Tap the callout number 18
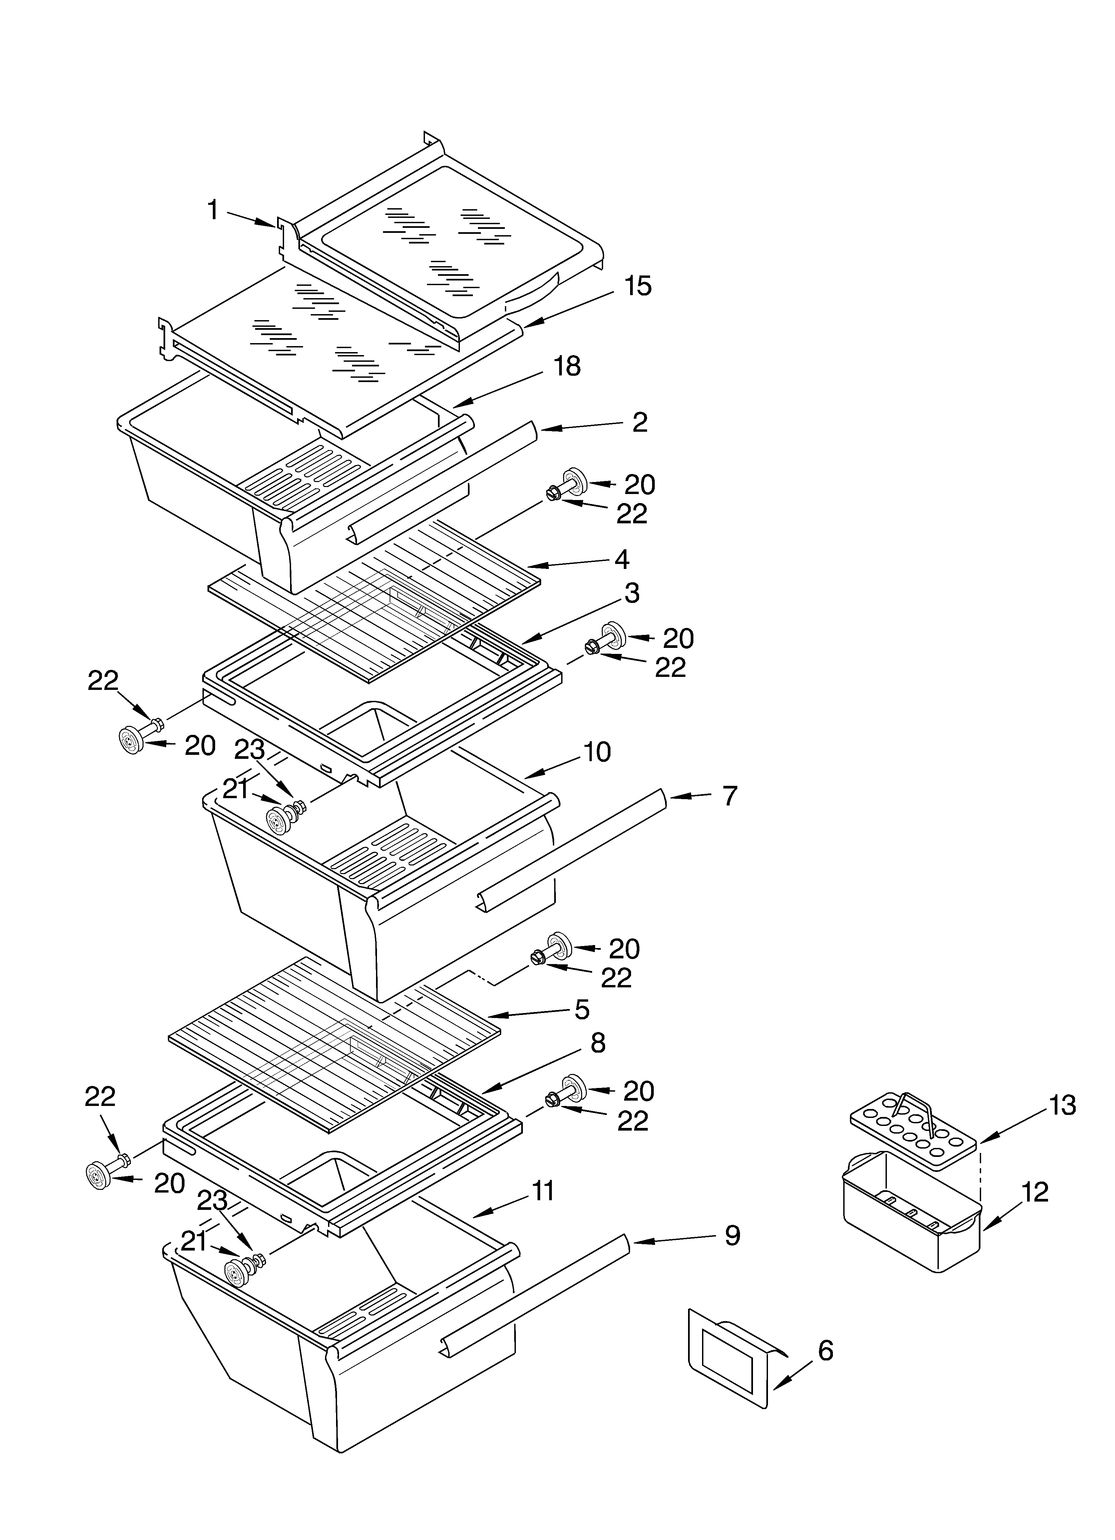pyautogui.click(x=567, y=367)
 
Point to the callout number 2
pyautogui.click(x=639, y=422)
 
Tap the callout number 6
pyautogui.click(x=825, y=1350)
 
